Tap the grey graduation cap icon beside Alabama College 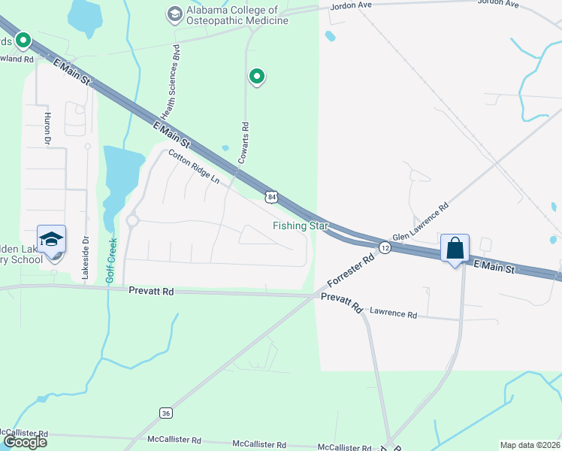pyautogui.click(x=175, y=13)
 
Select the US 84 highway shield pyautogui.click(x=272, y=197)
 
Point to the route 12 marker pyautogui.click(x=384, y=247)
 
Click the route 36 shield pyautogui.click(x=166, y=413)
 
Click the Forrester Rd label pyautogui.click(x=352, y=272)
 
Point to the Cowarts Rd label pyautogui.click(x=244, y=141)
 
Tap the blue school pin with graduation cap pyautogui.click(x=52, y=240)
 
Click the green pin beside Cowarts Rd pyautogui.click(x=257, y=76)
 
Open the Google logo pyautogui.click(x=25, y=442)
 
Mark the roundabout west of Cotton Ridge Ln pyautogui.click(x=133, y=220)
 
